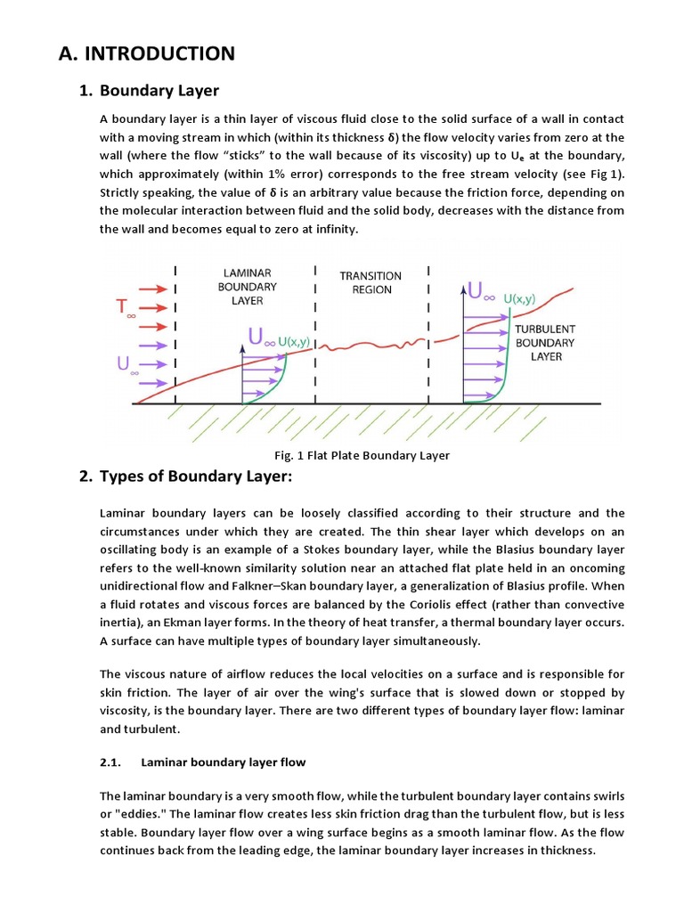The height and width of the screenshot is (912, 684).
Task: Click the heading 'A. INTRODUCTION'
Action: [147, 53]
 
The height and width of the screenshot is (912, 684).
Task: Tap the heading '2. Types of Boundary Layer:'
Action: [196, 476]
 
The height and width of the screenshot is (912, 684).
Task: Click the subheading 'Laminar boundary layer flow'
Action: [223, 761]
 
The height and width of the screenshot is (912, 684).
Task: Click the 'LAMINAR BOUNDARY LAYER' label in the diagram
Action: [247, 287]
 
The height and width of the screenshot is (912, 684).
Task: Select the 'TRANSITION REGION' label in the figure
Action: [370, 282]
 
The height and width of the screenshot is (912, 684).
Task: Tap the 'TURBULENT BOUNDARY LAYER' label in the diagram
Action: [545, 342]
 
